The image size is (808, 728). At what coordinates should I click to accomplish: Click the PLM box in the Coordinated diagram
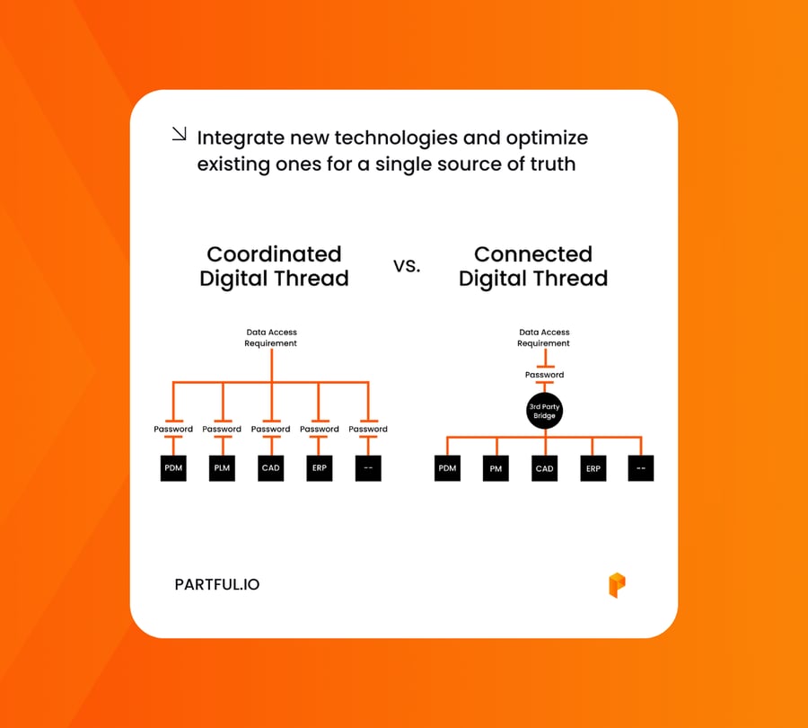coord(222,468)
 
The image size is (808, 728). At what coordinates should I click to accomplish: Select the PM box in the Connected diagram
coord(496,468)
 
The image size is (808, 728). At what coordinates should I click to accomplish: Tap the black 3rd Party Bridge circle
coord(544,412)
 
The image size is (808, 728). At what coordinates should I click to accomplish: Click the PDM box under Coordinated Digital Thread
coord(173,468)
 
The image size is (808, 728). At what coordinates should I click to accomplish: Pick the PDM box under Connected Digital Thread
coord(447,468)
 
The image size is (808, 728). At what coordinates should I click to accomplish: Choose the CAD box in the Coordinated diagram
coord(270,468)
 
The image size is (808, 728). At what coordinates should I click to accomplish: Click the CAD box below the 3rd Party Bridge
coord(544,468)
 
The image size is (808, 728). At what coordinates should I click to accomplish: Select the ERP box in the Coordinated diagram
coord(320,468)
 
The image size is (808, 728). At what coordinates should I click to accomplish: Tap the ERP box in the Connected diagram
coord(593,468)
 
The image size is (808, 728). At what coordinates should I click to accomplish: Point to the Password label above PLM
coord(222,429)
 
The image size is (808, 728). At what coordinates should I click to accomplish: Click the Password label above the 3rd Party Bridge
coord(544,375)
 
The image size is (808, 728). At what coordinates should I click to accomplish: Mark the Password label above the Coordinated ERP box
coord(320,429)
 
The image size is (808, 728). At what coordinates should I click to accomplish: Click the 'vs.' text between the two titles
coord(407,266)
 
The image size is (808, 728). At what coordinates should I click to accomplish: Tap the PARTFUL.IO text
coord(217,584)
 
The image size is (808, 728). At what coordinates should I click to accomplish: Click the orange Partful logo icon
coord(617,585)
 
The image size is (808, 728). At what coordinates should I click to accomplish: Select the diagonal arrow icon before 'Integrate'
coord(179,135)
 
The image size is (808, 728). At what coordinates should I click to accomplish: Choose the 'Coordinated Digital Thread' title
coord(274,266)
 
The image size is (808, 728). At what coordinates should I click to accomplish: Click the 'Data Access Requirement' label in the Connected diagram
coord(544,338)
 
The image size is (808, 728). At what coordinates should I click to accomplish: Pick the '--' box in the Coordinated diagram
coord(368,468)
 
